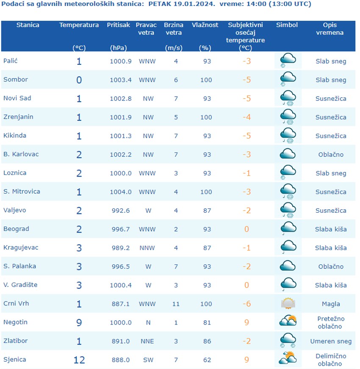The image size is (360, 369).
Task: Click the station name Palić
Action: click(11, 61)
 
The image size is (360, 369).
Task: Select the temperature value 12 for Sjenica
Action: click(79, 360)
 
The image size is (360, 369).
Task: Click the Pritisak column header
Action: click(119, 25)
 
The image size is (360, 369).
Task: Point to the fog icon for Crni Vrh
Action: click(288, 303)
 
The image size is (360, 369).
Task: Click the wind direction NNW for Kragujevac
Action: click(147, 248)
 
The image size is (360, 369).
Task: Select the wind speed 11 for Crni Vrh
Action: click(176, 304)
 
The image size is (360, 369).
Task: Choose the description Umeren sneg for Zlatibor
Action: click(331, 341)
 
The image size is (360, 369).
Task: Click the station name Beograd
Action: click(17, 229)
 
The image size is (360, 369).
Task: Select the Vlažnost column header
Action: click(205, 25)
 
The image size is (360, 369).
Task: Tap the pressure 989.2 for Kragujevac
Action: click(120, 248)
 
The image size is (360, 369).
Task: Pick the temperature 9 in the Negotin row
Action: click(79, 322)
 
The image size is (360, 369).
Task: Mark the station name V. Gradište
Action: click(20, 285)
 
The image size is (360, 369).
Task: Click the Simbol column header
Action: click(287, 25)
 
